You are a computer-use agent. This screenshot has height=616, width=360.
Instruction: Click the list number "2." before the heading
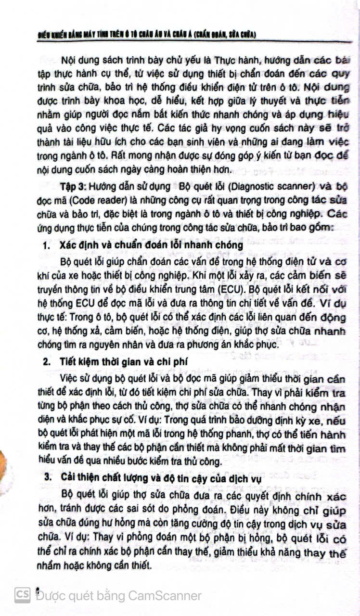click(47, 362)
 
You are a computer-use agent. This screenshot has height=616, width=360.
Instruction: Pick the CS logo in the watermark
click(22, 595)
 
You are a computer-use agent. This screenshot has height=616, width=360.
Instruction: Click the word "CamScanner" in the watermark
click(165, 595)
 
